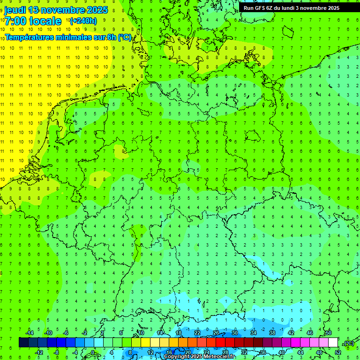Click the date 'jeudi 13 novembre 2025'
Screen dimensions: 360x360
[56, 10]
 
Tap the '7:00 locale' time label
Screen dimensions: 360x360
[33, 21]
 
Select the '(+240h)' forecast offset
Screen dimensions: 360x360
[83, 21]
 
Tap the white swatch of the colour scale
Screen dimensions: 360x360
[333, 343]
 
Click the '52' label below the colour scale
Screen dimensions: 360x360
[337, 352]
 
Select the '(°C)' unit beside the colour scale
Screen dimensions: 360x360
[349, 343]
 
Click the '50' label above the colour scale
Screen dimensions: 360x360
[328, 333]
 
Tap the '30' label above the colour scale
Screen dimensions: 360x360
[234, 333]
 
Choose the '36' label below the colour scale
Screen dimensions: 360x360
[262, 352]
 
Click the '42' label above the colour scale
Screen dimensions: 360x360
[291, 333]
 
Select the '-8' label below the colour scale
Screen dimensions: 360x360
[57, 352]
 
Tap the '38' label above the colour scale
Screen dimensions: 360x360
[272, 333]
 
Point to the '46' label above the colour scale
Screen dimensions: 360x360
[309, 333]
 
